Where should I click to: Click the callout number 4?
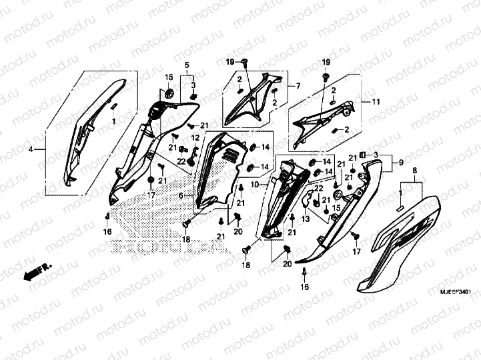tap(31, 151)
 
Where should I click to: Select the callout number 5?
tap(187, 64)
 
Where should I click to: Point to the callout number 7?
tap(298, 86)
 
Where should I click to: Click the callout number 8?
tap(415, 171)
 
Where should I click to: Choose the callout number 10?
tap(254, 183)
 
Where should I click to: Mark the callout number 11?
tap(376, 102)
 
